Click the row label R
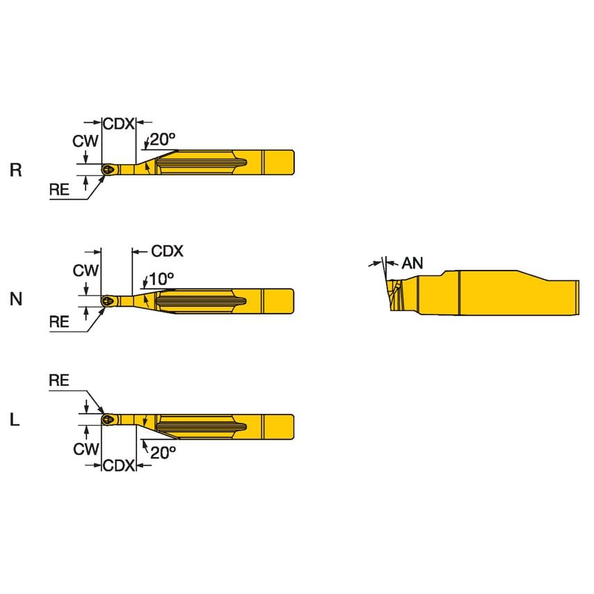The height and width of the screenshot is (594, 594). pyautogui.click(x=16, y=170)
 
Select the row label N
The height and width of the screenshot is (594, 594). pyautogui.click(x=16, y=299)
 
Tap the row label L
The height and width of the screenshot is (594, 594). pyautogui.click(x=15, y=419)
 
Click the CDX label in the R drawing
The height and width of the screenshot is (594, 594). pyautogui.click(x=118, y=124)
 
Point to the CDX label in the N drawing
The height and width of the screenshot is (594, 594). pyautogui.click(x=167, y=251)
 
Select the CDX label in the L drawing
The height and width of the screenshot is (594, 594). pyautogui.click(x=118, y=465)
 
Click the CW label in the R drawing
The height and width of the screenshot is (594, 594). pyautogui.click(x=86, y=141)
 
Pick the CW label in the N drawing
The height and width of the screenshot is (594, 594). pyautogui.click(x=86, y=271)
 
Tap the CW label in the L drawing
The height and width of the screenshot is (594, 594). pyautogui.click(x=86, y=449)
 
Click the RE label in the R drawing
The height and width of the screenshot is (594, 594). pyautogui.click(x=59, y=190)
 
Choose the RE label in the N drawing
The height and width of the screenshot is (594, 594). pyautogui.click(x=59, y=321)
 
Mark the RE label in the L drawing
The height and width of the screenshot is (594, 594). pyautogui.click(x=59, y=380)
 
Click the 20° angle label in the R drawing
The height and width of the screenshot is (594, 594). pyautogui.click(x=161, y=139)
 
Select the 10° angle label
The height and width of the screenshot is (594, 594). pyautogui.click(x=161, y=278)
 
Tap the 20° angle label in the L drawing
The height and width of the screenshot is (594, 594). pyautogui.click(x=163, y=452)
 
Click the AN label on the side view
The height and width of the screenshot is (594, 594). pyautogui.click(x=412, y=263)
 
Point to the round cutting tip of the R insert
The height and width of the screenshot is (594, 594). pyautogui.click(x=107, y=170)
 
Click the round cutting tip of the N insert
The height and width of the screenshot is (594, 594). pyautogui.click(x=107, y=300)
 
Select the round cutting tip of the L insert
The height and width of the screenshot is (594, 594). pyautogui.click(x=107, y=419)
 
